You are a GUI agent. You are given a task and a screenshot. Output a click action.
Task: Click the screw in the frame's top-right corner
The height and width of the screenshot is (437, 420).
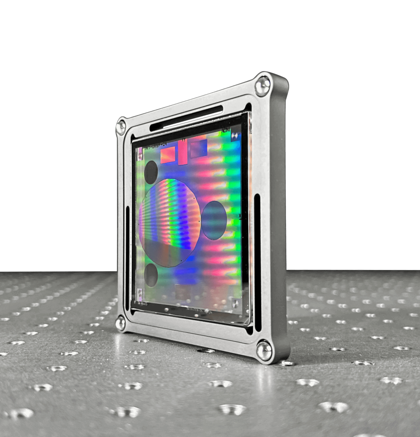[263, 85]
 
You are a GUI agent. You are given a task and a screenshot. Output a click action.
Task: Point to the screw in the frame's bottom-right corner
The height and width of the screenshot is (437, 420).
[264, 350]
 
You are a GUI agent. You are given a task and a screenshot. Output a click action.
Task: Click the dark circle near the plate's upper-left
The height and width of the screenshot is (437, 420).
[151, 172]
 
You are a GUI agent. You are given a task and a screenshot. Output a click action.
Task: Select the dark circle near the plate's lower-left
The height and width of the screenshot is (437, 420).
[151, 275]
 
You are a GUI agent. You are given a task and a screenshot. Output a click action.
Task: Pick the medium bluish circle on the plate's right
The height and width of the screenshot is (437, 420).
[214, 220]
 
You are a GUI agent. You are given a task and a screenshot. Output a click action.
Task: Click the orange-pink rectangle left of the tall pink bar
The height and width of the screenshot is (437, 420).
[168, 155]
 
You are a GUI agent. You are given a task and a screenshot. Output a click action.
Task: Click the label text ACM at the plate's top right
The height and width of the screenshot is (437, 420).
[226, 130]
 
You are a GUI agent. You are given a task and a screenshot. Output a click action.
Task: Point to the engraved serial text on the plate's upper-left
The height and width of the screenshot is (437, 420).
[155, 146]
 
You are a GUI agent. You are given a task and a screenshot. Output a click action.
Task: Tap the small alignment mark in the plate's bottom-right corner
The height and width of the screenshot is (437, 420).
[236, 303]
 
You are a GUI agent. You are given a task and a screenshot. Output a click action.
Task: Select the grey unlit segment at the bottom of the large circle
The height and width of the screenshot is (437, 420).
[164, 253]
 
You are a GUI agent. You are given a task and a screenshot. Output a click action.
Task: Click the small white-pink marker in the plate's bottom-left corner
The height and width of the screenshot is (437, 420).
[140, 293]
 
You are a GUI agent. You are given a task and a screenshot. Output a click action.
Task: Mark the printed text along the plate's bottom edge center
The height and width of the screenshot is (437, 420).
[199, 310]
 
